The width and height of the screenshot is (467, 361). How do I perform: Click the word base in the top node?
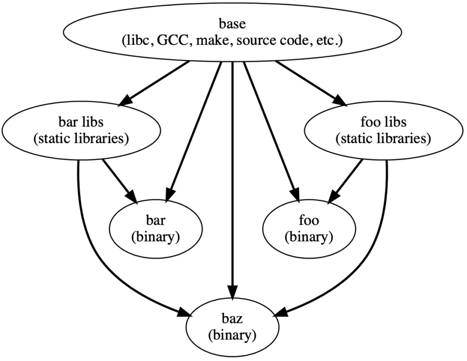tap(233, 22)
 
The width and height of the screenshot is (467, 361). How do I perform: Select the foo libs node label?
tap(385, 123)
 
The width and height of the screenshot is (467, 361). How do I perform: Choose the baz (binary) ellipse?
tap(232, 327)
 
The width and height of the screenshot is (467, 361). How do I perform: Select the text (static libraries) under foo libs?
tap(385, 139)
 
